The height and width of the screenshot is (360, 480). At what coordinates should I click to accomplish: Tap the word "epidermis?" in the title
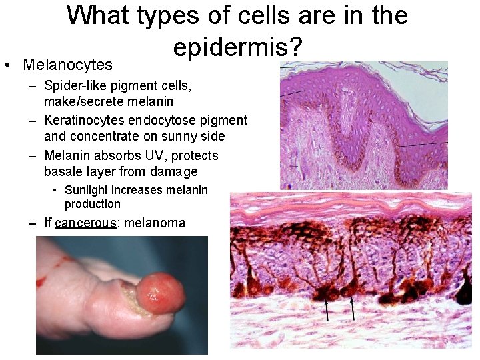click(237, 46)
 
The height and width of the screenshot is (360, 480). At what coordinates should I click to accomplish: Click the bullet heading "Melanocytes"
click(67, 65)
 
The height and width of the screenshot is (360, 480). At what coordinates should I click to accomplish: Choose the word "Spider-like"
click(73, 85)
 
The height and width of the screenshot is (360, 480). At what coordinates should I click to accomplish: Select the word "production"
click(93, 204)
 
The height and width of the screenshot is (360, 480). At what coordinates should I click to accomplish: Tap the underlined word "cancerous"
click(86, 223)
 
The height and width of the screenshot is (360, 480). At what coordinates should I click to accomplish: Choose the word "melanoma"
click(155, 223)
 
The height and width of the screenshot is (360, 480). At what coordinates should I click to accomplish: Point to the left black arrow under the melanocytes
click(327, 309)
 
